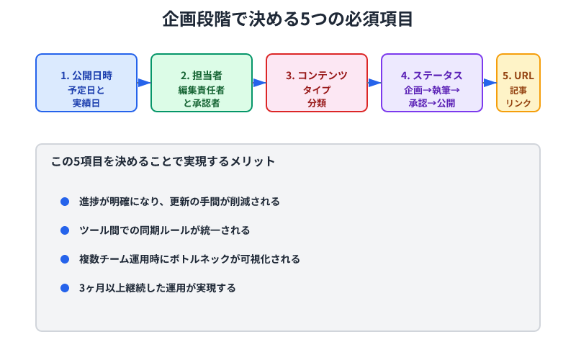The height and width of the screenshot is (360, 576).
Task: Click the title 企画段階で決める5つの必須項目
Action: click(288, 19)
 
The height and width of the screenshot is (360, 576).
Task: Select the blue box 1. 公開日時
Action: click(86, 83)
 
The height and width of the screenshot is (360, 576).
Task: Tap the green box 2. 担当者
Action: click(202, 83)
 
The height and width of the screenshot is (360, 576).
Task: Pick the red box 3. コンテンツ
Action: click(317, 83)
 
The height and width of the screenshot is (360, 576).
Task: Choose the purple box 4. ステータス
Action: click(432, 83)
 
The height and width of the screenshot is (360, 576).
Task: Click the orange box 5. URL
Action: click(518, 83)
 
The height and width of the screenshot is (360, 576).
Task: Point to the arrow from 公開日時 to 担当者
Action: click(144, 83)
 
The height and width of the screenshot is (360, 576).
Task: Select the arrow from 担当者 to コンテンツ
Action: click(259, 83)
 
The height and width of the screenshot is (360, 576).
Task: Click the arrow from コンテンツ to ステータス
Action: click(374, 83)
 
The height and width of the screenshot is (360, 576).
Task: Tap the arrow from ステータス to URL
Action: click(490, 83)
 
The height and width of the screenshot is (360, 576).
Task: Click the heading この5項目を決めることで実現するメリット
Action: click(163, 162)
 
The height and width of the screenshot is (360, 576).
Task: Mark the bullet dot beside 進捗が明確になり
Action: click(65, 202)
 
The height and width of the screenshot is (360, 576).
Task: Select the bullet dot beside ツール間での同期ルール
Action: click(65, 230)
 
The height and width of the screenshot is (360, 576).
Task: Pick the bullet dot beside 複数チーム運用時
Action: click(65, 259)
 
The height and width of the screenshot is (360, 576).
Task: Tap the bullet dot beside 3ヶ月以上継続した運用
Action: click(65, 288)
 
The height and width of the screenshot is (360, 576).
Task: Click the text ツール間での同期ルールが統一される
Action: click(165, 230)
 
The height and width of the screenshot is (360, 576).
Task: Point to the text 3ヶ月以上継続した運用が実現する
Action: click(158, 288)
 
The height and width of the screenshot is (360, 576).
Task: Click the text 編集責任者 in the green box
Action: click(202, 91)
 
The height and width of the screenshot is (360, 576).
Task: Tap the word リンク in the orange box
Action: click(518, 104)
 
